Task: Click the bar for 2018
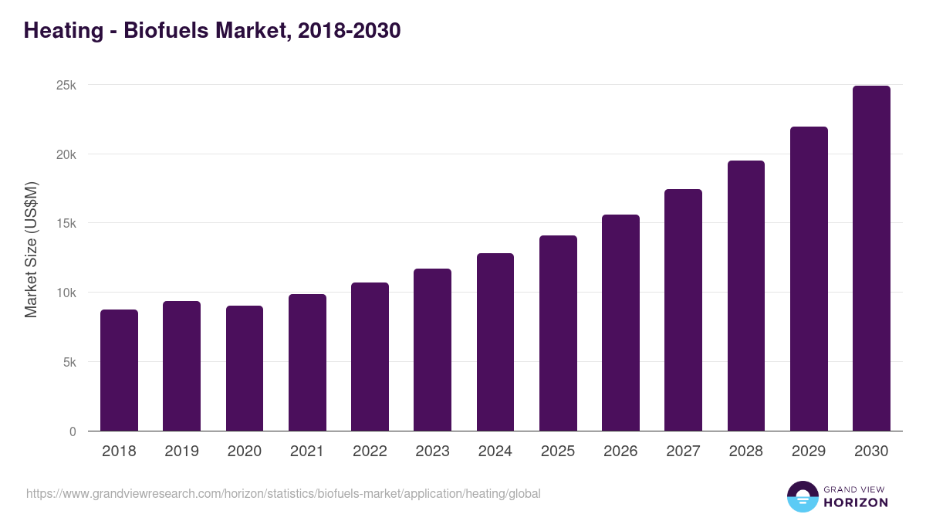tap(119, 370)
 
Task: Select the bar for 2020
tap(245, 368)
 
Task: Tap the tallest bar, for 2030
tap(871, 259)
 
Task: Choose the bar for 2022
tap(370, 357)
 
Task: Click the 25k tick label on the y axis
tap(66, 85)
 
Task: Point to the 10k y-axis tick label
tap(66, 293)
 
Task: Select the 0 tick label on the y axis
tap(73, 431)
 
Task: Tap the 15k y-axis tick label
tap(66, 223)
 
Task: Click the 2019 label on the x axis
tap(181, 452)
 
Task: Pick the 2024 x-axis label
tap(495, 452)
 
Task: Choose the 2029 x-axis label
tap(809, 452)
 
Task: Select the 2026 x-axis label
tap(620, 452)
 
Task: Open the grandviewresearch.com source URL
tap(283, 493)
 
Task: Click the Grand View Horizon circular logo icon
tap(802, 496)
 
